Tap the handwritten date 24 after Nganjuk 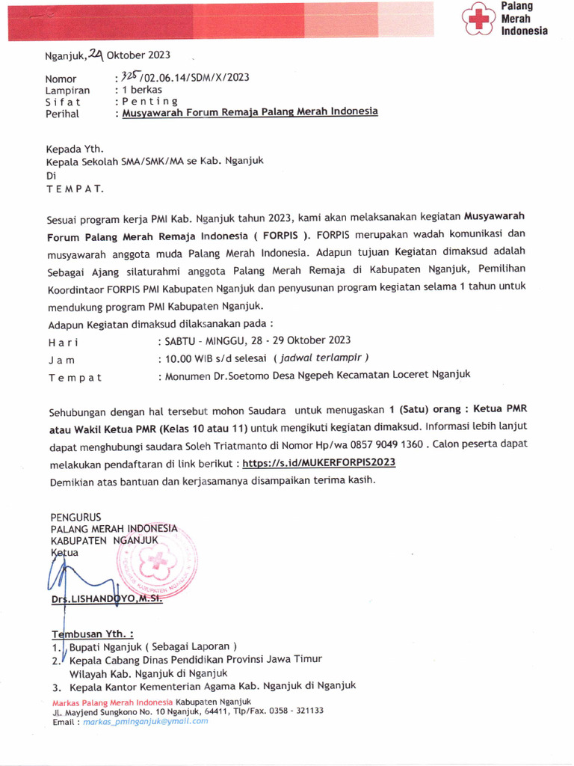[96, 53]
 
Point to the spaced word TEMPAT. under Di [75, 189]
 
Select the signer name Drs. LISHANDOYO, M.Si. [106, 600]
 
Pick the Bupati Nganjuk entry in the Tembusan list [152, 646]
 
